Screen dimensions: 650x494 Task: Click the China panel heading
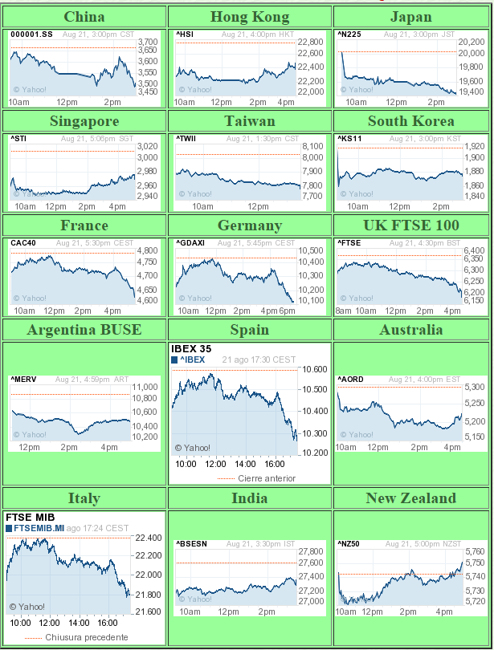[84, 17]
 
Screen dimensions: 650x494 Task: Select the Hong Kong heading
[249, 17]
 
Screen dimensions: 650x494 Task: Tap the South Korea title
[410, 121]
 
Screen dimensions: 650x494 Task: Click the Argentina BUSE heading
[84, 330]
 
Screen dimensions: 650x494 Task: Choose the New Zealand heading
[410, 498]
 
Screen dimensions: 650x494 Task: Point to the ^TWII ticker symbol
[186, 139]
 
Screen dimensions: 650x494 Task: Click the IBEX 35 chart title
[191, 349]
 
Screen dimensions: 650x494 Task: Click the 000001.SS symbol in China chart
[31, 35]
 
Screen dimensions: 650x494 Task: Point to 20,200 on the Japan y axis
[470, 42]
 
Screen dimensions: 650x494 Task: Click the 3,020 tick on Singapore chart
[148, 146]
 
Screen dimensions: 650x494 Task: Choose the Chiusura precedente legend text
[86, 637]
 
